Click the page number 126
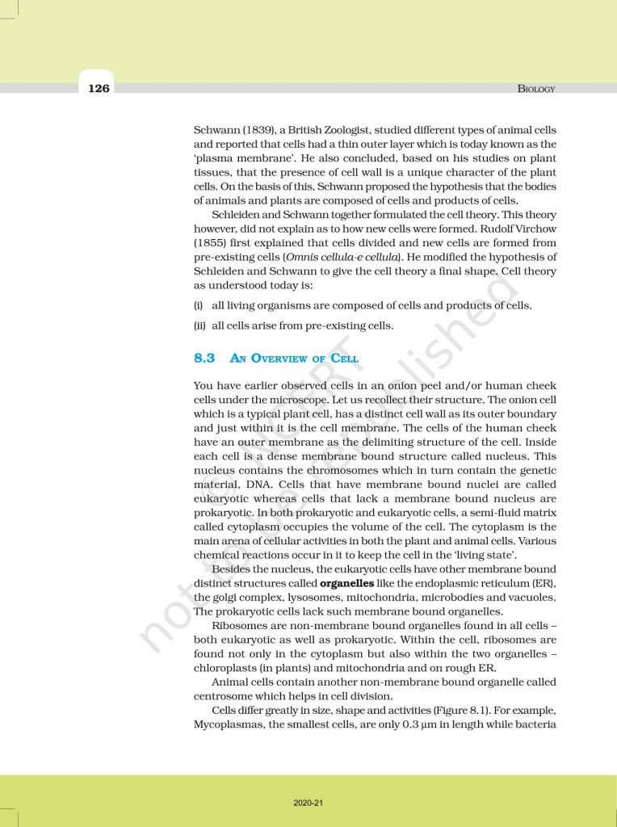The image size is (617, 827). pos(99,88)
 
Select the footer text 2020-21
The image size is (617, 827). pos(308,802)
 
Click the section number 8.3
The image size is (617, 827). pos(204,358)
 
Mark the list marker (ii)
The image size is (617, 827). pos(199,326)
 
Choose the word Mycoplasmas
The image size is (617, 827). pos(229,724)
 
